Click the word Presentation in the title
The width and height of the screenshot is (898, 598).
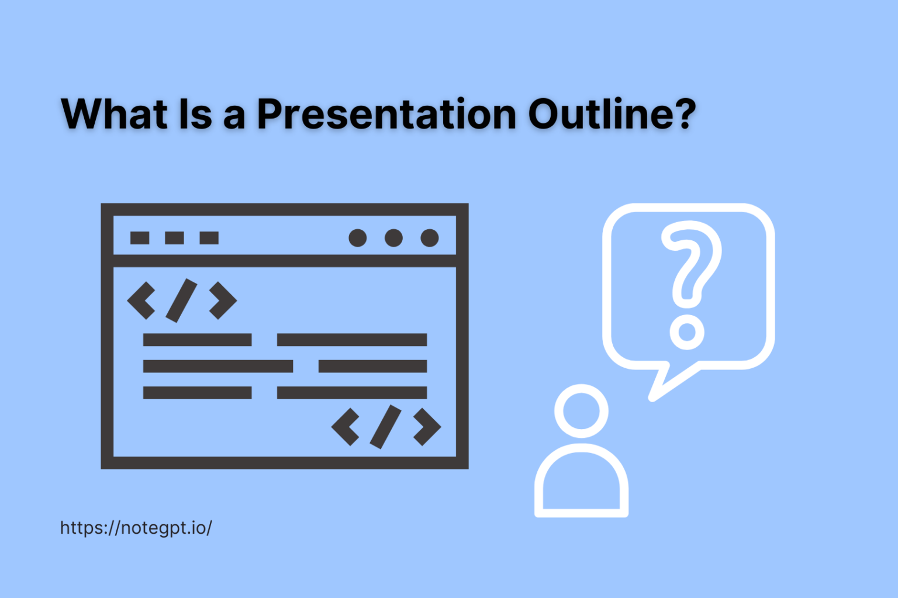[x=386, y=114]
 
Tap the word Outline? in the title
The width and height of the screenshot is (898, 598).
[x=612, y=114]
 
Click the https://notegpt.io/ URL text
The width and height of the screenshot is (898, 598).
[x=136, y=528]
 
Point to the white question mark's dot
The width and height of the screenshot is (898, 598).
[x=687, y=332]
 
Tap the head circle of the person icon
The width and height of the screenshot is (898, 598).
[x=581, y=410]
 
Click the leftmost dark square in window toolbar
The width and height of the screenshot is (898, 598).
[x=140, y=238]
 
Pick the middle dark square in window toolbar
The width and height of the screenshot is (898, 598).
[x=174, y=238]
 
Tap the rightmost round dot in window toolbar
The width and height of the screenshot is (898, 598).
[x=430, y=238]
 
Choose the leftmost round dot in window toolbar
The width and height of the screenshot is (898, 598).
[x=358, y=238]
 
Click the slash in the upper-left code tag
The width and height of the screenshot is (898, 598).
[x=181, y=300]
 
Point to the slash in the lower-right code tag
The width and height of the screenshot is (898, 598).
[x=385, y=427]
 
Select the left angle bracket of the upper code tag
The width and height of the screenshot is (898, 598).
[x=141, y=300]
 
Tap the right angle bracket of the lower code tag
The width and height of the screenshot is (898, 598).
[x=427, y=427]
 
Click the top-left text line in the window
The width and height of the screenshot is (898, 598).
[x=197, y=340]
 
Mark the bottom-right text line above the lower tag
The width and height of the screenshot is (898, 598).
[x=351, y=393]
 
